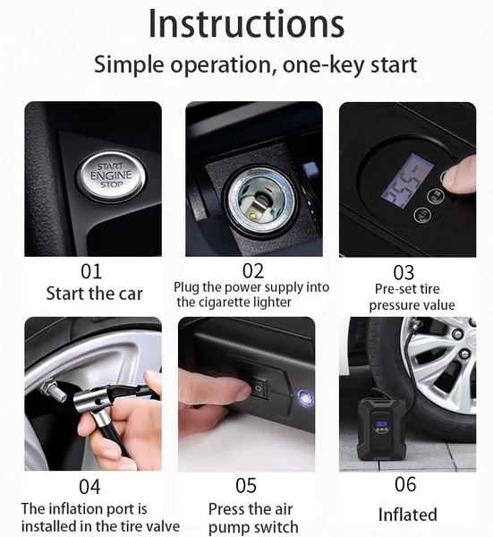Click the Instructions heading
[x=247, y=24]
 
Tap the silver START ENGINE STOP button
[x=111, y=176]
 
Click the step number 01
[x=91, y=271]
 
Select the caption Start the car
[x=94, y=294]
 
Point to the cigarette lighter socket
[x=259, y=203]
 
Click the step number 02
[x=253, y=271]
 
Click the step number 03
[x=404, y=273]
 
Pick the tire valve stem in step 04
[x=53, y=389]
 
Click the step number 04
[x=89, y=487]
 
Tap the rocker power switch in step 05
[x=258, y=388]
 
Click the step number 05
[x=246, y=486]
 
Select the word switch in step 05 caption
[x=276, y=527]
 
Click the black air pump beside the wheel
[x=380, y=429]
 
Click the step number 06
[x=405, y=484]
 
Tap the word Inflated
[x=407, y=515]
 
